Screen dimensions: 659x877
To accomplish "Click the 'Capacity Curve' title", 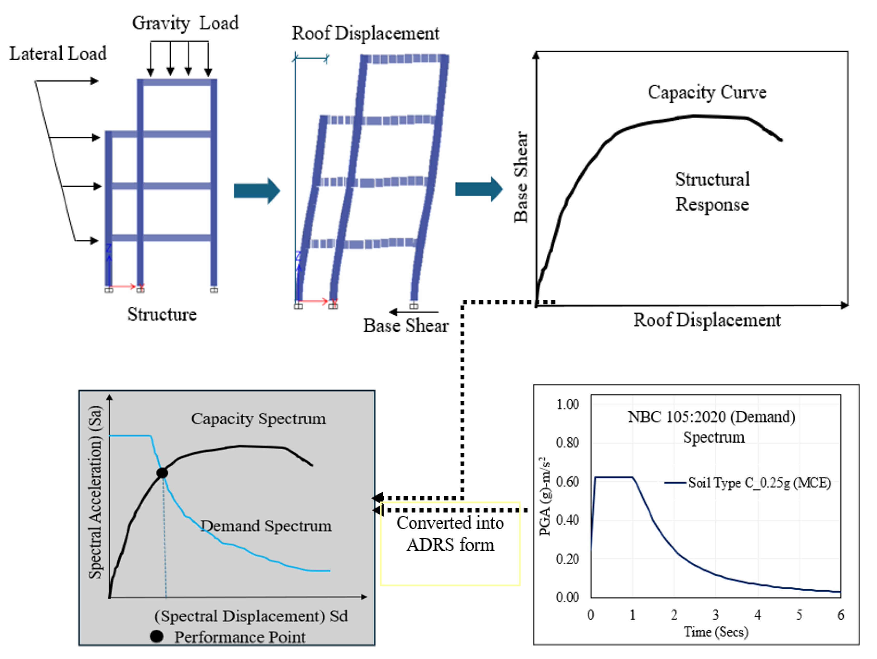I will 707,92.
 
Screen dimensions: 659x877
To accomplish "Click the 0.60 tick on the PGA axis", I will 567,482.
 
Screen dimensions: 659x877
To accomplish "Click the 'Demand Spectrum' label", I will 266,526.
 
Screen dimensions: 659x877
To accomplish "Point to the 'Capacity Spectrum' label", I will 258,419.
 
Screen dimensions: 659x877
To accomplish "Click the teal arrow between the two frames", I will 257,191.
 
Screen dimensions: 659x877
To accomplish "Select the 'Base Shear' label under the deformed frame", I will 406,326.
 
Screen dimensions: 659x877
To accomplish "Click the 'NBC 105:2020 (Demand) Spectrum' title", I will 712,427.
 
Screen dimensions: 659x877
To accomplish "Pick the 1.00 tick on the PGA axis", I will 567,405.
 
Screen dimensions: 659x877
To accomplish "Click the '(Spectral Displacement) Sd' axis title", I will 251,616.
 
